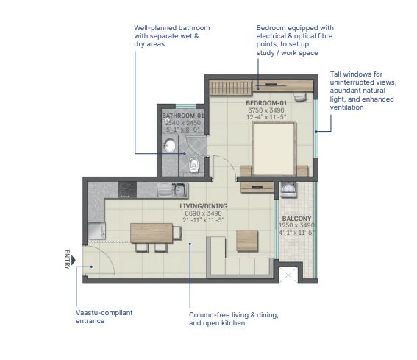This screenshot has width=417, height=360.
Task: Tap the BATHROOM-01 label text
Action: (183, 116)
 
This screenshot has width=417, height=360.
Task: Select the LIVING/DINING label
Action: (204, 206)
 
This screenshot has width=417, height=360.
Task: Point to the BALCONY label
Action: (296, 219)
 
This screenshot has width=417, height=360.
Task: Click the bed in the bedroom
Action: (274, 149)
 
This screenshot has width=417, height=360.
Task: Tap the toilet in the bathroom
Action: (193, 165)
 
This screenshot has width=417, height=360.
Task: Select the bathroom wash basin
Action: (169, 146)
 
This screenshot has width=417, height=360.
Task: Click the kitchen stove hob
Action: (128, 190)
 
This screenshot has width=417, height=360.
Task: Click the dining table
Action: (152, 233)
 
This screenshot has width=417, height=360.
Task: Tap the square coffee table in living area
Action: (247, 241)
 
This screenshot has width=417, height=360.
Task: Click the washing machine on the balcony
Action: (288, 190)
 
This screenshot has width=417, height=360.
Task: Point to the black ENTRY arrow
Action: (74, 260)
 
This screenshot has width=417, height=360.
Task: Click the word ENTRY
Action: (67, 259)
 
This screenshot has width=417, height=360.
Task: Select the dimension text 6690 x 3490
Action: (204, 213)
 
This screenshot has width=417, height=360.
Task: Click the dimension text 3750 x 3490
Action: (266, 110)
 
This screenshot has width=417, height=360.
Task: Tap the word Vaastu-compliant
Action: (104, 313)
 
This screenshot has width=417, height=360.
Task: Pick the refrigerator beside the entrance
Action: (97, 230)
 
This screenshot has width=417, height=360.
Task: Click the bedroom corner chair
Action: (300, 96)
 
